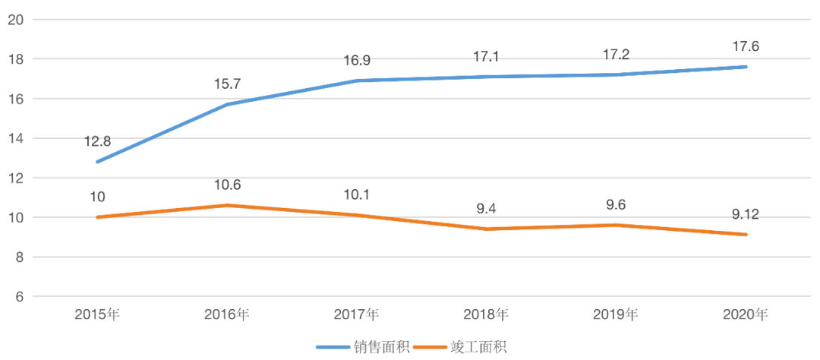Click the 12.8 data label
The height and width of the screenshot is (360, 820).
pyautogui.click(x=99, y=141)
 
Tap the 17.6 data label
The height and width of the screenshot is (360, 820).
pyautogui.click(x=745, y=46)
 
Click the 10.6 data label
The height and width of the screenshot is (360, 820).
pyautogui.click(x=228, y=185)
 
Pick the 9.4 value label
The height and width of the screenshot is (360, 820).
pyautogui.click(x=487, y=209)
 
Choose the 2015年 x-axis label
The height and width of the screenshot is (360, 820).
pyautogui.click(x=99, y=314)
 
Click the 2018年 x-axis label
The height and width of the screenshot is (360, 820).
pyautogui.click(x=487, y=314)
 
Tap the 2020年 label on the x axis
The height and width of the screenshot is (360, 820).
pyautogui.click(x=745, y=314)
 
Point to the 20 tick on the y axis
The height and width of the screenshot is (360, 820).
pyautogui.click(x=14, y=20)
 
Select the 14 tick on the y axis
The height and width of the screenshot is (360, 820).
pyautogui.click(x=14, y=138)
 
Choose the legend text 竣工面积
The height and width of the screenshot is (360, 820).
pyautogui.click(x=478, y=347)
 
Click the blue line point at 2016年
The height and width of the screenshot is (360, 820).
pyautogui.click(x=228, y=104)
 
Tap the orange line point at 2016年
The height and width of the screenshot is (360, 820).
pyautogui.click(x=228, y=205)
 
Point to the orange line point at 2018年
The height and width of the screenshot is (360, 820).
pyautogui.click(x=487, y=229)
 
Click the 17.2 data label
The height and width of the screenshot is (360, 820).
pyautogui.click(x=616, y=55)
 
